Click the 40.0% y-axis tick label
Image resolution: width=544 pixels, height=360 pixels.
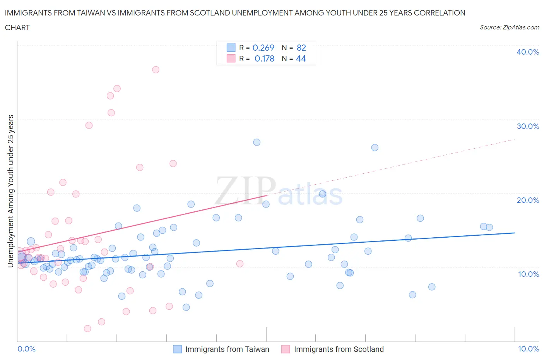pos(528,52)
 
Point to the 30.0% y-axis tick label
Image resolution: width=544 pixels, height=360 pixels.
pos(528,126)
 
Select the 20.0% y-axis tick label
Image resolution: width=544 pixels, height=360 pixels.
pos(528,200)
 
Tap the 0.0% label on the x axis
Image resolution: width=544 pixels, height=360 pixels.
pos(27,349)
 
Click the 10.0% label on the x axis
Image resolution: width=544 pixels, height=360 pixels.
pos(529,349)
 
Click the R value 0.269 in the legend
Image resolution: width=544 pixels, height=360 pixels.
pos(263,48)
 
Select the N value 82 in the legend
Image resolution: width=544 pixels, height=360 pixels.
pos(301,48)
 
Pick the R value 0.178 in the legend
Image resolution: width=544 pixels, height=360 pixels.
pos(264,58)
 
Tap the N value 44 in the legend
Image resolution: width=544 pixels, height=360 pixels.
pos(301,58)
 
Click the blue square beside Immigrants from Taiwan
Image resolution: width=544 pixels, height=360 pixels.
pos(177,349)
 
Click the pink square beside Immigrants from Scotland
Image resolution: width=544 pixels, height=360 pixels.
pos(286,349)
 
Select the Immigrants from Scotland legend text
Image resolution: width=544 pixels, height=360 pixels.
pos(339,349)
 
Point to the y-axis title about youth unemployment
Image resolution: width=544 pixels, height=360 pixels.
pos(11,191)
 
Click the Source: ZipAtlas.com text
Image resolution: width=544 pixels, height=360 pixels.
pos(509,27)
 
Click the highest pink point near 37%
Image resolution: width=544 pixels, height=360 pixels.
pos(156,70)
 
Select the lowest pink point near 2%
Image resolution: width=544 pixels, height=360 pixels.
pos(87,329)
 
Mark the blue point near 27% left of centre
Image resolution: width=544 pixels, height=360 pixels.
pos(257,142)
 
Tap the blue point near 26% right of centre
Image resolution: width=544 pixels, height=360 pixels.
pos(375,147)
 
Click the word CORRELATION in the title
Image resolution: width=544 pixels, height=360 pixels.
pos(440,13)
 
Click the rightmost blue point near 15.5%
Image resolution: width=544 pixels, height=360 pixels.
pos(489,227)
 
